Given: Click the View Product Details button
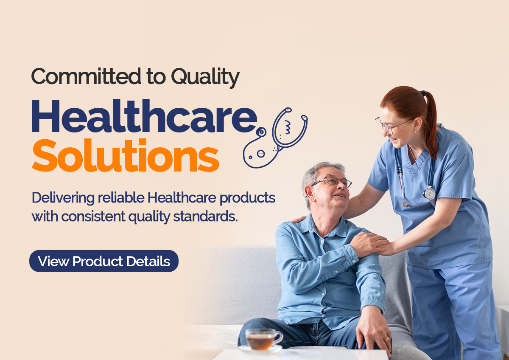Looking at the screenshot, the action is click(104, 261).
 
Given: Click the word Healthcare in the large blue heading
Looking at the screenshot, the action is click(145, 116).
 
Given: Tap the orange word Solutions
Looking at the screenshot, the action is click(126, 155).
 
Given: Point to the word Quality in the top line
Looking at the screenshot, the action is click(205, 78).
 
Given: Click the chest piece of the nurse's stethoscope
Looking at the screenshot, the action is click(429, 193).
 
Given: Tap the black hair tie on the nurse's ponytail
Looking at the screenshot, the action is click(423, 93).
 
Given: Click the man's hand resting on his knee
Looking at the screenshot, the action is click(373, 330).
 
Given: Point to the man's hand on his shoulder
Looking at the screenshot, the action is click(369, 245).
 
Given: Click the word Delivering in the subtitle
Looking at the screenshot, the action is click(63, 198).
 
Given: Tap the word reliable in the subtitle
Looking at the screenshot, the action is click(121, 197).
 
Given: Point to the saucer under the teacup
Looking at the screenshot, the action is click(260, 349).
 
